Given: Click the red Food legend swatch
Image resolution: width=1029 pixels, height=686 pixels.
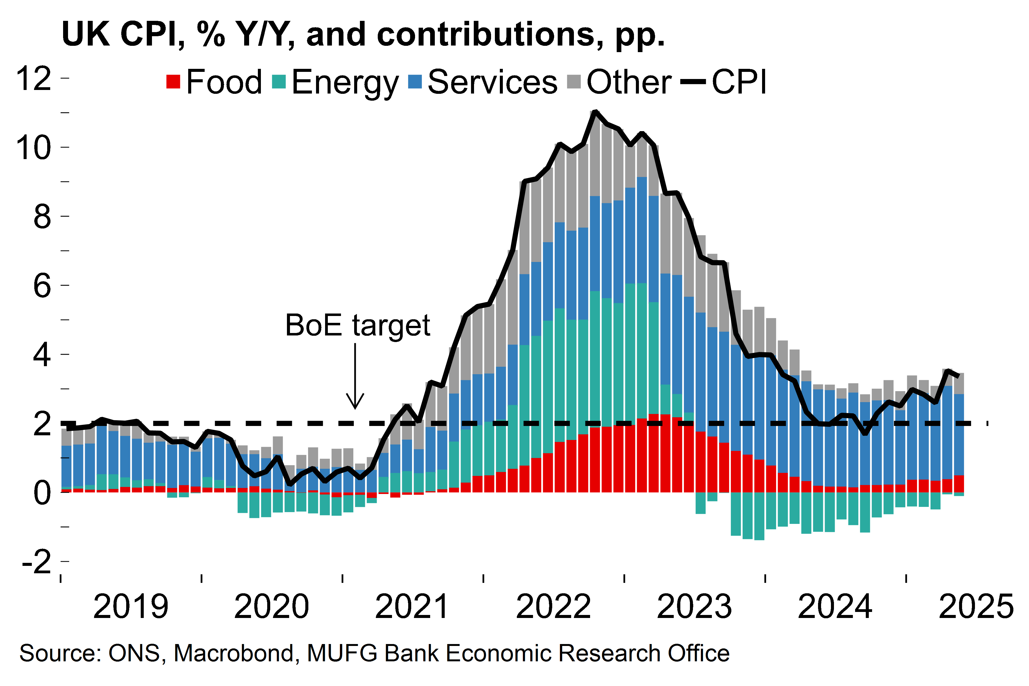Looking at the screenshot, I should pos(173,82).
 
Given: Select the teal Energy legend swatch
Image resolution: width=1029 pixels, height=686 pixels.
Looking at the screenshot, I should pos(279,82).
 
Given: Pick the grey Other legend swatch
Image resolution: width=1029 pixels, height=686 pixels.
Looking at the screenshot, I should pos(574,82).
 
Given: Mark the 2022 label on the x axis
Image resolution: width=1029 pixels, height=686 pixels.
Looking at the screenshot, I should pos(553,606).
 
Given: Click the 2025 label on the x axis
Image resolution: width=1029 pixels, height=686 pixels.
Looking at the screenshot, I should pos(976,606).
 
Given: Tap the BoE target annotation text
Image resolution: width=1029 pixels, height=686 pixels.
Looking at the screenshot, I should pos(357,326).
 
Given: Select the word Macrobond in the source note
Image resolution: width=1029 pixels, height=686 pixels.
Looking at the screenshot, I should pos(234,653).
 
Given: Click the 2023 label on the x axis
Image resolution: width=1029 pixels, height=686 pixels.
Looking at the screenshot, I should pos(694,606).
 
